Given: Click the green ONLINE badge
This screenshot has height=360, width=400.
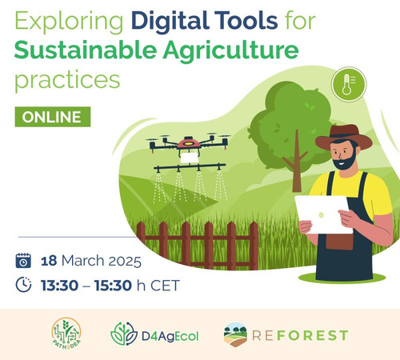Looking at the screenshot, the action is click(53, 117).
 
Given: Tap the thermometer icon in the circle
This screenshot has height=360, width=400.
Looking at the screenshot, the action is click(347, 84).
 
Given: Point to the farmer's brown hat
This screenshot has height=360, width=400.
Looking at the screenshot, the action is click(344, 137).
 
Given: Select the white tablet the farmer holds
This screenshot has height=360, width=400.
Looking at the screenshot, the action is click(323, 214).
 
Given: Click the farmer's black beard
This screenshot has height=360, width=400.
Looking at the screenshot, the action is click(346, 162).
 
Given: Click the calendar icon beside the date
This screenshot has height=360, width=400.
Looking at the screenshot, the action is click(23, 261).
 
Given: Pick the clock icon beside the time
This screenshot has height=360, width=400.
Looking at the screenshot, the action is click(23, 285).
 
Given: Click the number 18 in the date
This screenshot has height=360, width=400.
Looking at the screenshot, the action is click(49, 261).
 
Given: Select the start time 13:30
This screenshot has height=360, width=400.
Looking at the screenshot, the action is click(59, 286).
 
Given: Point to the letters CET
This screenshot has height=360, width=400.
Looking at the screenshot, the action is click(165, 286).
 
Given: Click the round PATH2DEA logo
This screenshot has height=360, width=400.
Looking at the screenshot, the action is click(66, 334).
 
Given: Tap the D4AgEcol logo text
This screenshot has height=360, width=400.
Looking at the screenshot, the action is click(170, 336).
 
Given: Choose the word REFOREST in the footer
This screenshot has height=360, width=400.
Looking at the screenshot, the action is click(300, 335).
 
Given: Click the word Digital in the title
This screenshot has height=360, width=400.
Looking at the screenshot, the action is click(170, 22).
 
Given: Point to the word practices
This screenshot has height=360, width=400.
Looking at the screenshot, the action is click(67, 81).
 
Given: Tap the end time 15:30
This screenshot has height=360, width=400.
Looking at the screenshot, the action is click(113, 286).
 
